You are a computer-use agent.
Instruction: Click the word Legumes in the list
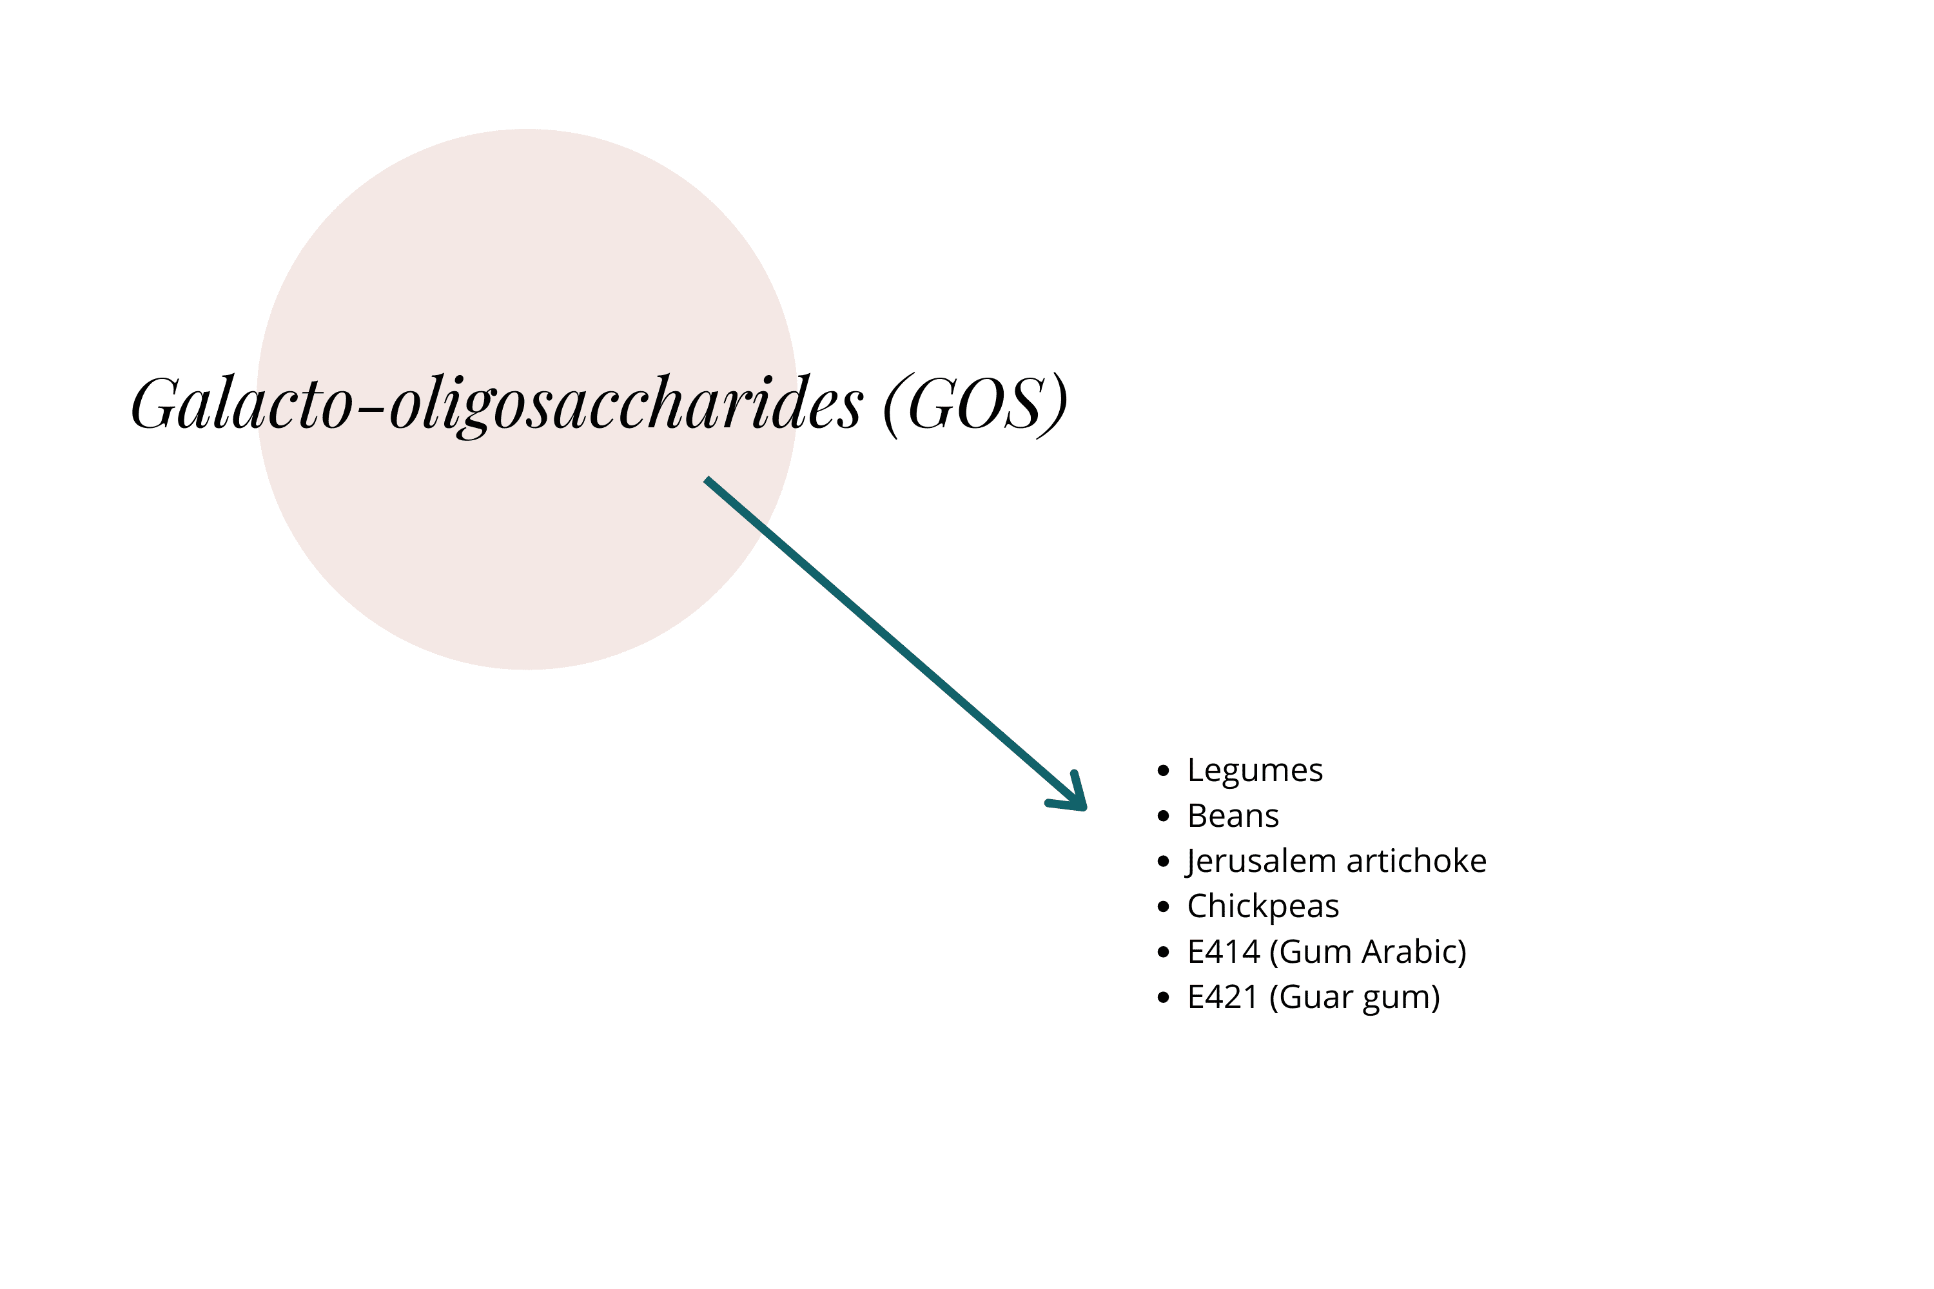pos(1255,771)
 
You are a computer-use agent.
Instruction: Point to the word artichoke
pos(1416,860)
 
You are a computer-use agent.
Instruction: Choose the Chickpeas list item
pos(1263,907)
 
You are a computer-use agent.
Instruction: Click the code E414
pos(1223,952)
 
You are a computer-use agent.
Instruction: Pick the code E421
pos(1223,997)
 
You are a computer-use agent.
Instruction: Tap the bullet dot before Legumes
pos(1163,771)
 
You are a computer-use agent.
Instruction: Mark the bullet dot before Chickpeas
pos(1163,907)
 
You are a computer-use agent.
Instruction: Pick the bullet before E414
pos(1163,952)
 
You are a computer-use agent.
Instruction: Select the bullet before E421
pos(1163,998)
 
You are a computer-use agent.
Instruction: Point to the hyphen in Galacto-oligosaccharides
pos(372,405)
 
